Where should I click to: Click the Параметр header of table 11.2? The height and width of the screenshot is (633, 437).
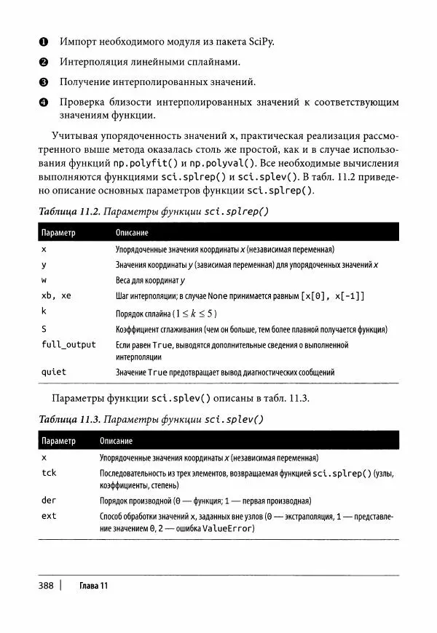59,233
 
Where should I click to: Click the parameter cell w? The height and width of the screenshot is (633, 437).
44,279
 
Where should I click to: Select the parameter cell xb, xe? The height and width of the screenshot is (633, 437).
57,295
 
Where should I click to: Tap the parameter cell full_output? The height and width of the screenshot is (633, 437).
69,344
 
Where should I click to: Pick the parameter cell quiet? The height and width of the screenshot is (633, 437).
54,372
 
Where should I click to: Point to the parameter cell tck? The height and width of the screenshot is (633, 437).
49,473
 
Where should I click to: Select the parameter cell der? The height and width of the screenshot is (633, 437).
49,501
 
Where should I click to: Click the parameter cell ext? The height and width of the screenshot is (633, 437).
49,516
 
